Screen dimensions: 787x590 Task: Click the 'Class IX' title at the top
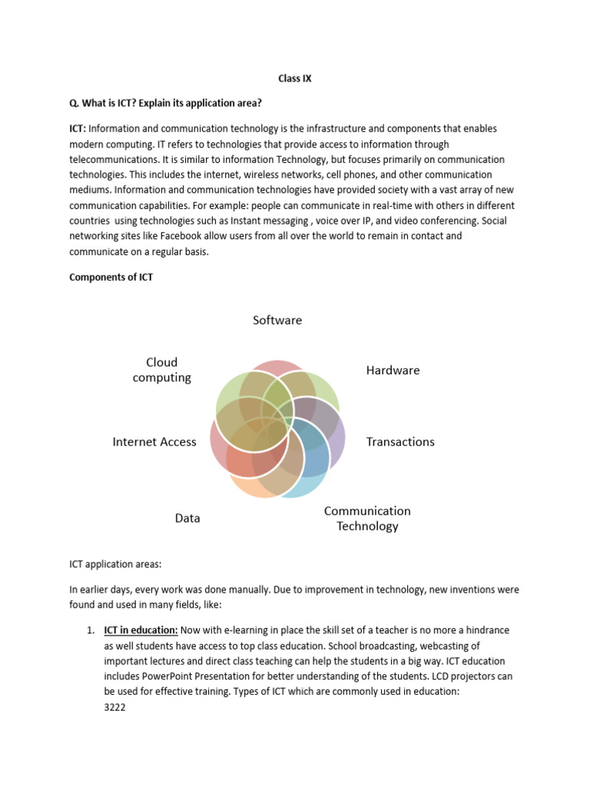point(294,78)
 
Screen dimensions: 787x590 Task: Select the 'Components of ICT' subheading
point(111,277)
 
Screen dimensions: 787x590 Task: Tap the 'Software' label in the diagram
point(277,320)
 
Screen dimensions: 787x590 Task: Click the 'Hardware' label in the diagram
point(393,370)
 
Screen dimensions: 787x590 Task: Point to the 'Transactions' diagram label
point(400,441)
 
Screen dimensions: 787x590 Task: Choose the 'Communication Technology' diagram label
point(367,518)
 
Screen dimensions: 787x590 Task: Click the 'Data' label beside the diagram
point(187,518)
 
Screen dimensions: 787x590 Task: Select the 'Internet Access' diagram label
point(154,441)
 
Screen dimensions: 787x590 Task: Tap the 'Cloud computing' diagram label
point(161,369)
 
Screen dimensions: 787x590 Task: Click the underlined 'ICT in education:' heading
point(141,630)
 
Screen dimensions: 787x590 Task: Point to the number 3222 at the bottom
point(115,706)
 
